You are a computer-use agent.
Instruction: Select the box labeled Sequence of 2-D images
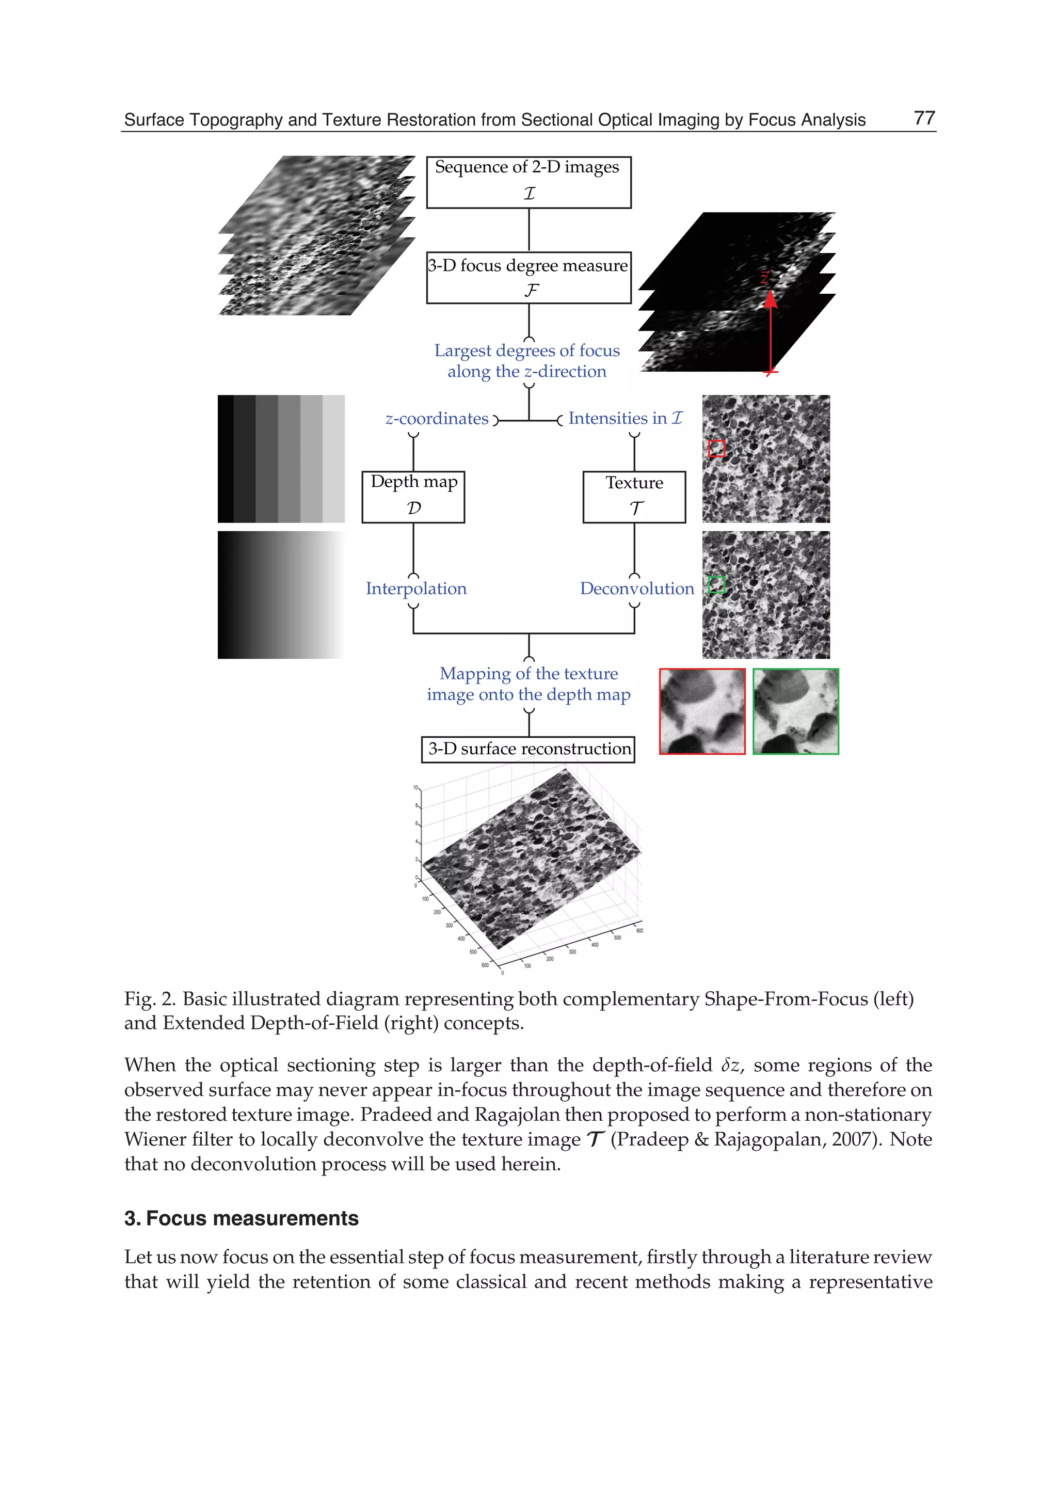point(528,182)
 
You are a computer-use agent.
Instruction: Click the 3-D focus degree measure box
point(528,277)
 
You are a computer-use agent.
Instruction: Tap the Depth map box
point(413,496)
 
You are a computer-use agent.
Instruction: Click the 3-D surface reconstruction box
point(528,749)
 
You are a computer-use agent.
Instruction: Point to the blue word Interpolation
point(416,589)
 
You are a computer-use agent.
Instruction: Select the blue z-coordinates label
point(437,419)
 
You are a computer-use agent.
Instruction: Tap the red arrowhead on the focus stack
point(771,299)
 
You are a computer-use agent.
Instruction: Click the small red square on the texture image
point(716,448)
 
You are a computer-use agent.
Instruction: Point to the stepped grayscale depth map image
point(281,458)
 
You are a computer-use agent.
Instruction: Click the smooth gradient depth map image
point(281,595)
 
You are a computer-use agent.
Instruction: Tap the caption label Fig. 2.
point(149,999)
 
